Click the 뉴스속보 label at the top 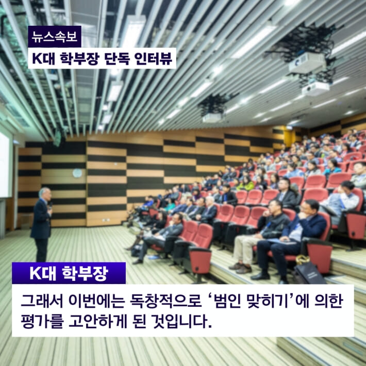pyautogui.click(x=54, y=37)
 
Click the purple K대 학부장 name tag pyautogui.click(x=69, y=273)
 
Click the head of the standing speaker pyautogui.click(x=44, y=193)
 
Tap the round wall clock pyautogui.click(x=77, y=173)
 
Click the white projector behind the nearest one pyautogui.click(x=315, y=88)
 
